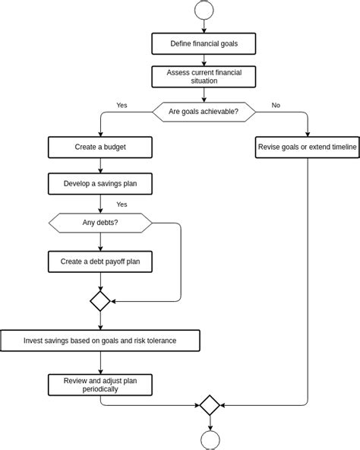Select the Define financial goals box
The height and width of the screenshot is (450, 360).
pos(204,43)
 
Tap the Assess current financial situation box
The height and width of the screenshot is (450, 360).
pos(204,76)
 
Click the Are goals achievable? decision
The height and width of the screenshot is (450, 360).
pos(204,112)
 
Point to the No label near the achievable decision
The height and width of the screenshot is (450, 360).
pos(276,105)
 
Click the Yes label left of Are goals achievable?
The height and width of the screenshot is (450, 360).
pos(122,105)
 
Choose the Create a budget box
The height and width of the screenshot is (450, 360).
pos(100,147)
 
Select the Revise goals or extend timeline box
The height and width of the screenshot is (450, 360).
pos(307,147)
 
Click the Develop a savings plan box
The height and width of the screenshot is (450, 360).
pos(100,183)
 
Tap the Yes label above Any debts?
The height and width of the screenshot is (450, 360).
pos(122,204)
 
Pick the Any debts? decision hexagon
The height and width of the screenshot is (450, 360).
pos(100,223)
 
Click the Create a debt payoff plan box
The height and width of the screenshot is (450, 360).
pos(100,262)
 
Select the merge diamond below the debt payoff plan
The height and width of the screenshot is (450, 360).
pos(100,301)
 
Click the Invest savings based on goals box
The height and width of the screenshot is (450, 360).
pos(100,341)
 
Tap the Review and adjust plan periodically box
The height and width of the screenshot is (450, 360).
pos(100,384)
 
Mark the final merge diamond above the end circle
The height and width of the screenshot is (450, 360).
pos(210,404)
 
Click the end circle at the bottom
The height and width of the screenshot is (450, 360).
pos(210,440)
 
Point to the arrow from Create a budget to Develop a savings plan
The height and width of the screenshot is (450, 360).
pos(100,166)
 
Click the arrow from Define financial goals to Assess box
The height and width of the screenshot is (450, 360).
pos(204,60)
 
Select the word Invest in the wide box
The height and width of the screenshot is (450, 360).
pos(35,341)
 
